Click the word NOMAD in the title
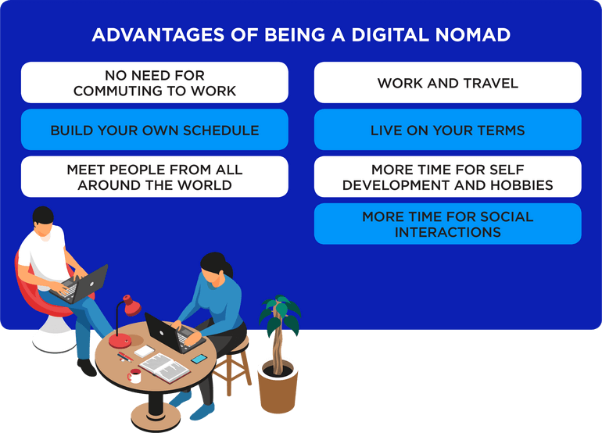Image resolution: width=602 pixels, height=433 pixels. (473, 34)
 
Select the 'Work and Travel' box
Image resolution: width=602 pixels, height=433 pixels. (448, 83)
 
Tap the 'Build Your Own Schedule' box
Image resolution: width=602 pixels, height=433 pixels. (155, 130)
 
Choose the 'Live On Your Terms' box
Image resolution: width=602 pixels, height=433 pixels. (448, 130)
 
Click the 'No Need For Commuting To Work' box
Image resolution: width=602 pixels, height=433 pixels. (155, 83)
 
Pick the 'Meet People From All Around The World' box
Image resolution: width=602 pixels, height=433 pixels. (155, 177)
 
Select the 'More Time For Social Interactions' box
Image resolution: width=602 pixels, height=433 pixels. (448, 224)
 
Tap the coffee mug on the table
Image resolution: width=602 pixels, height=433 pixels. (134, 376)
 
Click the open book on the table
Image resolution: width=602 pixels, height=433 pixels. (164, 368)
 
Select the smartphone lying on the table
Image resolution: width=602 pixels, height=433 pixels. (199, 360)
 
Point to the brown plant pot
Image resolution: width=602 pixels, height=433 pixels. (278, 388)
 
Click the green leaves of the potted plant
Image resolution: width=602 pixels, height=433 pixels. (280, 313)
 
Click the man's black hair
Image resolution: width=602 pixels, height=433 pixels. (43, 216)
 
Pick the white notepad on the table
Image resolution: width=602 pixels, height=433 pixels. (145, 351)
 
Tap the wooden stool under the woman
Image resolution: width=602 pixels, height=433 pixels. (233, 365)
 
